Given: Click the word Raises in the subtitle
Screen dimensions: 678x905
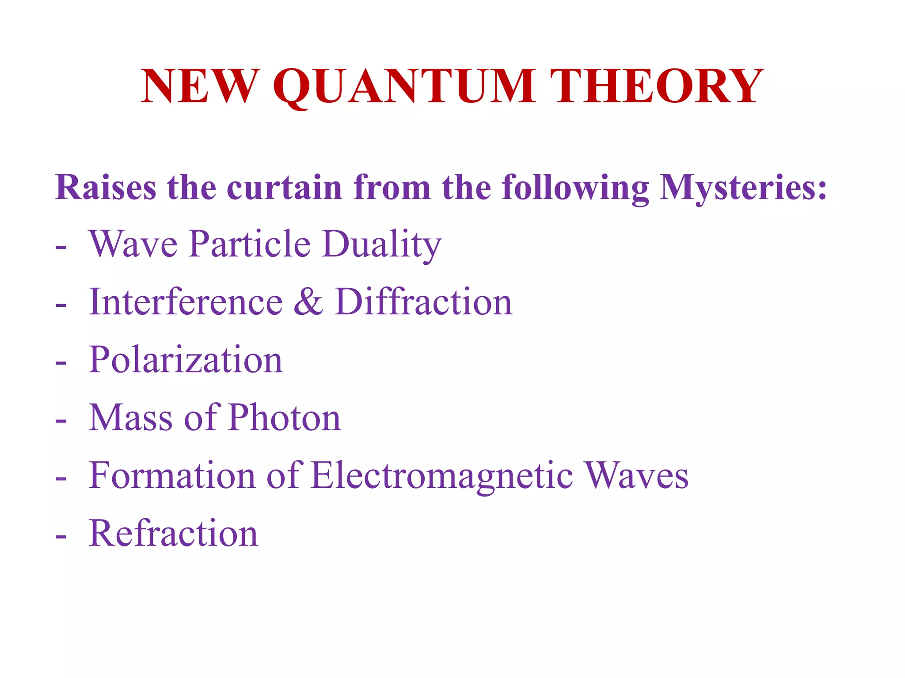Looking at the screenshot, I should (106, 187).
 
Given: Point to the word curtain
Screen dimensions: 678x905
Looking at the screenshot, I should (285, 187).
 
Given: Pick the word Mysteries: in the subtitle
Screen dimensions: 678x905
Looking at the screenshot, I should (743, 188).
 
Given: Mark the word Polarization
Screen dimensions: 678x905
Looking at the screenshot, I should (186, 360).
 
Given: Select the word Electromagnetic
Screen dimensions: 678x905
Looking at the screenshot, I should (441, 476).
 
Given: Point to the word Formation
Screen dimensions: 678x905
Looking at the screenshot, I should (172, 475).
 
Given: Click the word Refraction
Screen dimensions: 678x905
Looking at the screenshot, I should (173, 533).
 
